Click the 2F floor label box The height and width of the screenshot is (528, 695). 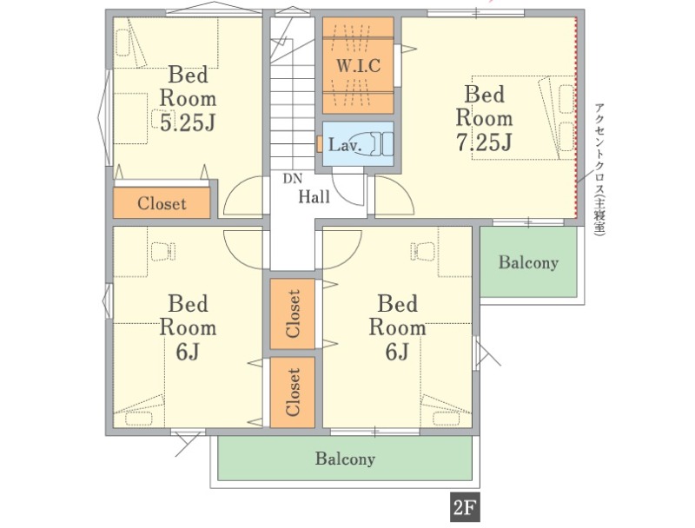pyautogui.click(x=465, y=507)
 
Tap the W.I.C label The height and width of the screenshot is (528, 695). pyautogui.click(x=358, y=65)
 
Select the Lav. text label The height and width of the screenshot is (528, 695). pyautogui.click(x=345, y=145)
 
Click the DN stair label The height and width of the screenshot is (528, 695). pyautogui.click(x=293, y=179)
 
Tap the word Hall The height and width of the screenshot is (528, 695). pyautogui.click(x=314, y=196)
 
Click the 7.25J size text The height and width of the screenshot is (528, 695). pyautogui.click(x=484, y=142)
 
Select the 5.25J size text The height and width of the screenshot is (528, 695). pyautogui.click(x=188, y=122)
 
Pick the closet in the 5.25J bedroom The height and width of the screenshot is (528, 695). pyautogui.click(x=162, y=203)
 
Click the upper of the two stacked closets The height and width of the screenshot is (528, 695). pyautogui.click(x=293, y=313)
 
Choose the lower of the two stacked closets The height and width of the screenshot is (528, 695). pyautogui.click(x=293, y=393)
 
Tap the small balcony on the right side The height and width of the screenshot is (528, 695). pyautogui.click(x=529, y=261)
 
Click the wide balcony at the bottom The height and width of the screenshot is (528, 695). pyautogui.click(x=345, y=458)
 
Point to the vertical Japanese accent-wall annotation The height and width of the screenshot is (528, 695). pyautogui.click(x=599, y=168)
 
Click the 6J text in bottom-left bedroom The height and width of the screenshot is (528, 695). pyautogui.click(x=187, y=353)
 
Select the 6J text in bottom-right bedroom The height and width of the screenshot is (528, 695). pyautogui.click(x=397, y=353)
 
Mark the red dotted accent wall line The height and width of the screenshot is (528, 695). pyautogui.click(x=576, y=118)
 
